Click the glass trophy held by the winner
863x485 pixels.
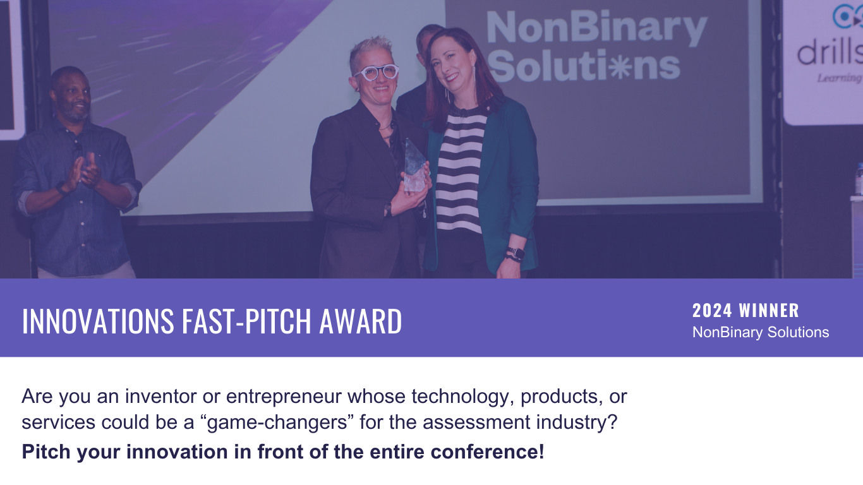pos(415,165)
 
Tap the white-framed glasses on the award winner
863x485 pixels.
pos(377,72)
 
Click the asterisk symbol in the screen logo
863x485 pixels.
pos(622,66)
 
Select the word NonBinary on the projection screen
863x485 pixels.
pos(597,28)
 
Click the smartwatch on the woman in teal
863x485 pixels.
pos(516,254)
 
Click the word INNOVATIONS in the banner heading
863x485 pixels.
pos(98,321)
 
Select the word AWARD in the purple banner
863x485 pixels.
pos(361,321)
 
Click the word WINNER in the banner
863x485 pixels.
pos(769,311)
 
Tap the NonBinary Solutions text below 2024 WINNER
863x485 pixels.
pos(761,332)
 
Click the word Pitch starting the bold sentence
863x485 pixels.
pos(46,452)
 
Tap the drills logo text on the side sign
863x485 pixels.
pos(830,54)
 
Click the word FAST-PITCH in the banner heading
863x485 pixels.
pos(246,321)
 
